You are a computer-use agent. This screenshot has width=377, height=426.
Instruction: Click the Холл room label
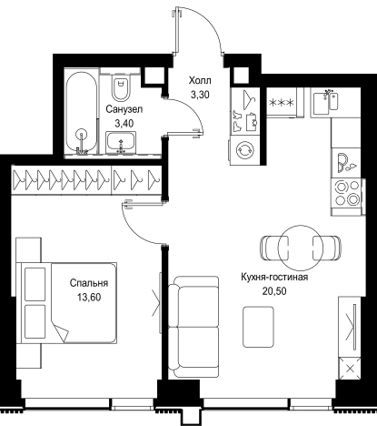(x=200, y=81)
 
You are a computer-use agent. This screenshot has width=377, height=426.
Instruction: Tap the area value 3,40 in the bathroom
(x=124, y=124)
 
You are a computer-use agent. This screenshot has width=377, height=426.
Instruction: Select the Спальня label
(x=89, y=283)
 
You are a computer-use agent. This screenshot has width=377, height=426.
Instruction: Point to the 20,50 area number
(x=274, y=291)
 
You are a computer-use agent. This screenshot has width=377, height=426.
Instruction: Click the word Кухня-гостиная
(x=274, y=278)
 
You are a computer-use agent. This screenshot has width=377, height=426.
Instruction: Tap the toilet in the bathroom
(x=120, y=88)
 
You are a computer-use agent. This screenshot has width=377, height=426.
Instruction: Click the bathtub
(x=82, y=113)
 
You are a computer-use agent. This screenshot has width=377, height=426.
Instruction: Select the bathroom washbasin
(x=121, y=143)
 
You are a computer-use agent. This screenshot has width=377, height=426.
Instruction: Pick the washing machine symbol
(x=243, y=150)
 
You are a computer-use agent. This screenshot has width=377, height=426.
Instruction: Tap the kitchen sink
(x=325, y=102)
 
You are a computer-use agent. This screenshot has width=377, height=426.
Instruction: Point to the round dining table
(x=301, y=248)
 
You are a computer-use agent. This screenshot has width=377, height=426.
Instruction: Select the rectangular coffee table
(x=258, y=327)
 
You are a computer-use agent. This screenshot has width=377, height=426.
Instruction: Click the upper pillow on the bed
(x=35, y=284)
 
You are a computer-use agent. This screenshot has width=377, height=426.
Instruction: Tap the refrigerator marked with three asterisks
(x=282, y=103)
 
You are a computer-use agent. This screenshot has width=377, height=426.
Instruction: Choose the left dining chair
(x=274, y=248)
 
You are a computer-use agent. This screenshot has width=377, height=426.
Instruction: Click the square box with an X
(x=350, y=369)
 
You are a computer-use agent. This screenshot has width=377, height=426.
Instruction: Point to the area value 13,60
(x=89, y=298)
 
